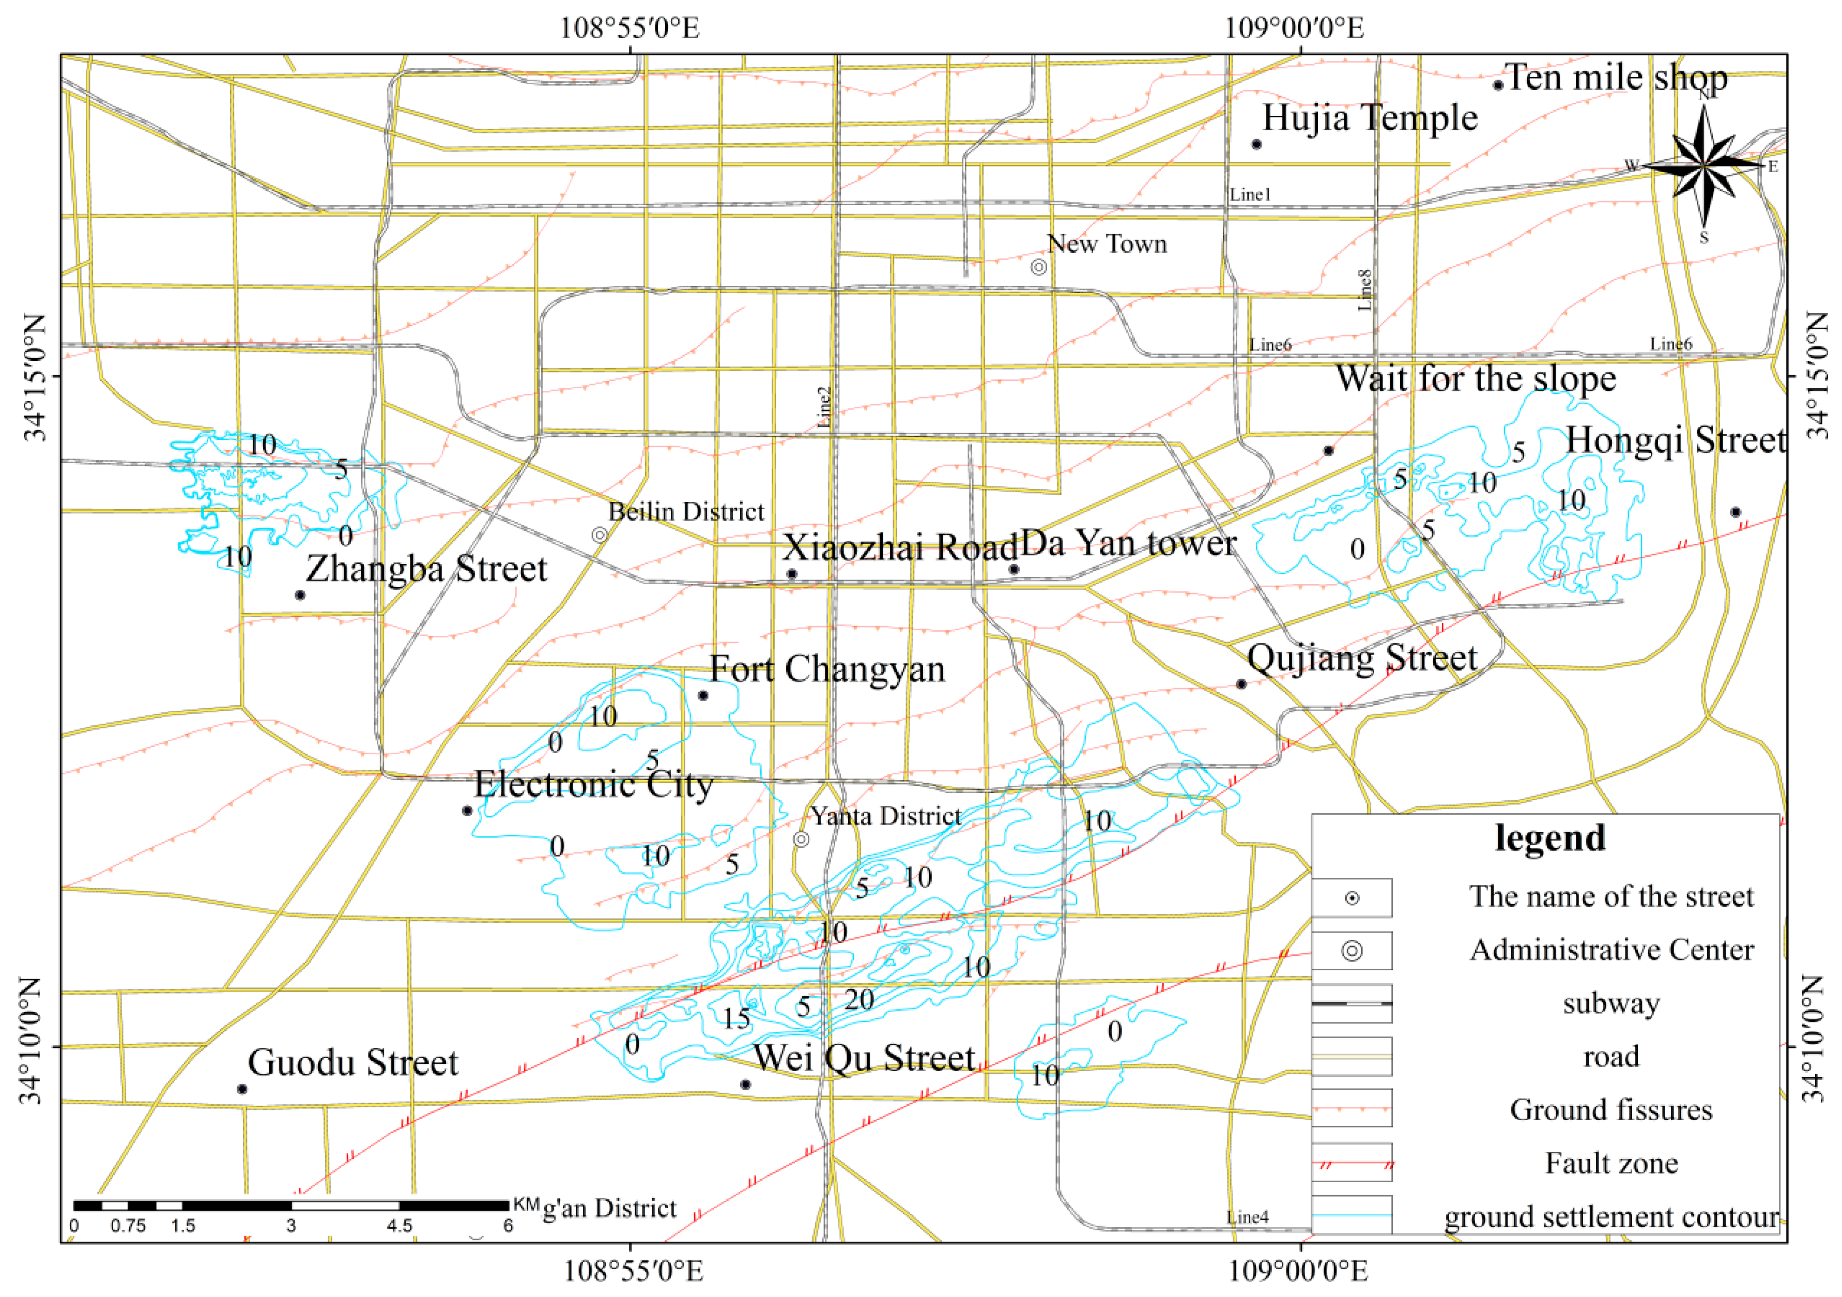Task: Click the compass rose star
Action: (1703, 166)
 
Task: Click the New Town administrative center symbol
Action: (1038, 266)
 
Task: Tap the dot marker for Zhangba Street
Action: (300, 594)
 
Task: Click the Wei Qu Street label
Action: (864, 1058)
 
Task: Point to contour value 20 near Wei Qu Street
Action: (859, 999)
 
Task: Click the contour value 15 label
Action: (735, 1018)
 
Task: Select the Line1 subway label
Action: (1250, 194)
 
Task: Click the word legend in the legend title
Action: (1550, 838)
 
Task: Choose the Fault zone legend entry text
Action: (1611, 1163)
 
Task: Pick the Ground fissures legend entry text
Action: (1611, 1110)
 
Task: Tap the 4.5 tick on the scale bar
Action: (400, 1226)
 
